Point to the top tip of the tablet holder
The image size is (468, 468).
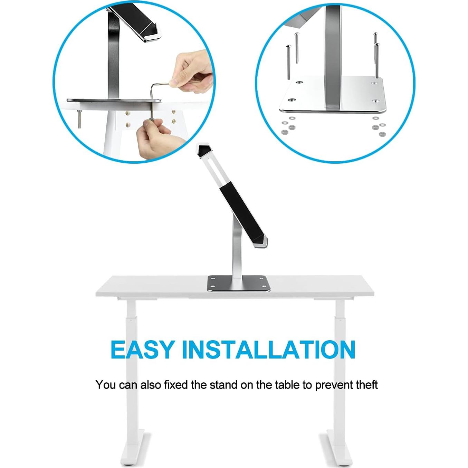coord(204,147)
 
